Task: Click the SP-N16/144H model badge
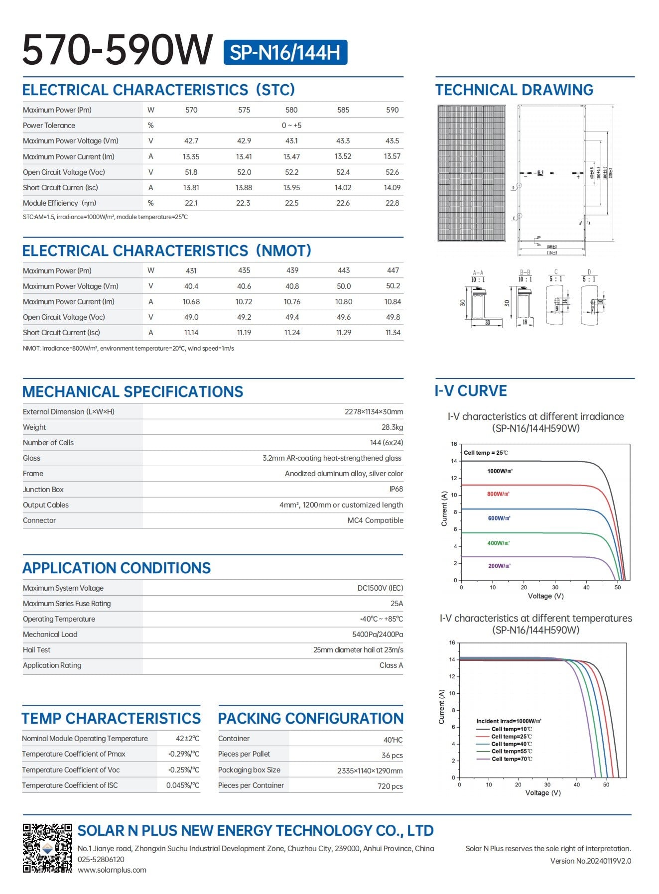coord(285,52)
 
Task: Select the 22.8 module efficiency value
coord(392,203)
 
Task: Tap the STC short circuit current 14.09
coord(392,188)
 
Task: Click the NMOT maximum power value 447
coord(393,270)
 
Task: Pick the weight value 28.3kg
coord(392,427)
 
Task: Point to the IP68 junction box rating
coord(396,489)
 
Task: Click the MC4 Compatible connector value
coord(375,520)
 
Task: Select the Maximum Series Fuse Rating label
coord(67,604)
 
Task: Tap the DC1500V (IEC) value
coord(380,588)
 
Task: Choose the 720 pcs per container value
coord(390,786)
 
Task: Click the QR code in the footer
coord(47,848)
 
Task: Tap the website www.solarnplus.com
coord(112,870)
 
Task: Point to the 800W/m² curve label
coord(498,494)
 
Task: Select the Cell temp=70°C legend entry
coord(511,759)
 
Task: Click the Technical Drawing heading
coord(514,90)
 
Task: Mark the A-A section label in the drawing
coord(478,273)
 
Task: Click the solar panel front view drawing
coord(472,173)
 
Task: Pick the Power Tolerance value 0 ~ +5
coord(291,126)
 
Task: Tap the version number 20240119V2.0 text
coord(590,861)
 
